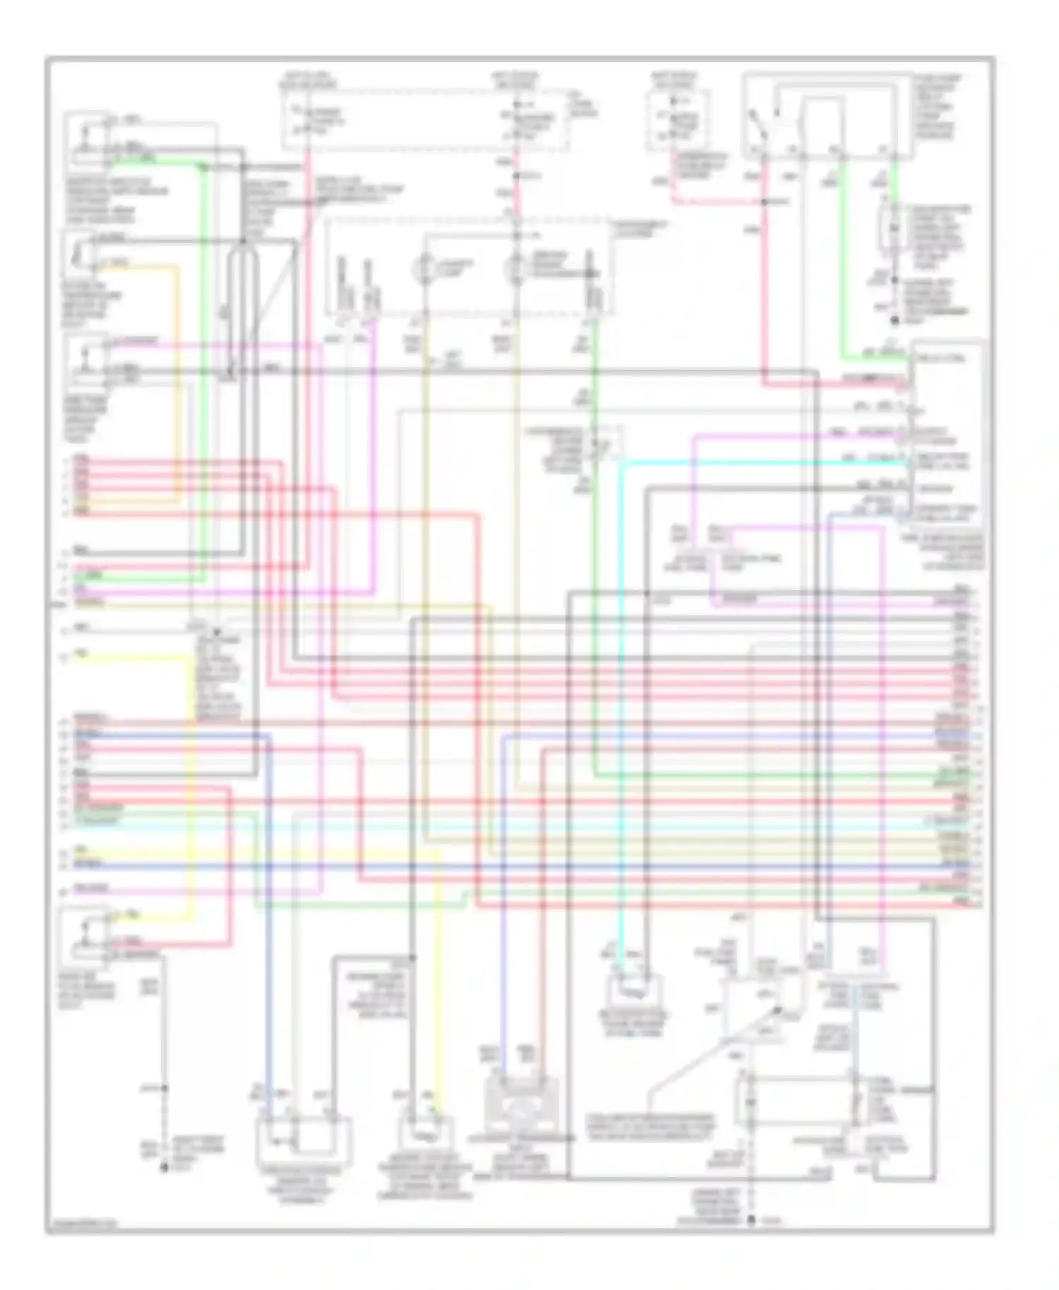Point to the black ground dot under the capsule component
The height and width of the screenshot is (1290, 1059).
click(894, 321)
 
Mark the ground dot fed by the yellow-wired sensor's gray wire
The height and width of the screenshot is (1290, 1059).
click(164, 1169)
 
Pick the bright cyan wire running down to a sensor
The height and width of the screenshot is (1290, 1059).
click(621, 706)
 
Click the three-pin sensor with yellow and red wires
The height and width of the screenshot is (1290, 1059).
click(86, 935)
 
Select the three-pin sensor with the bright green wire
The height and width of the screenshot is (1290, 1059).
click(86, 141)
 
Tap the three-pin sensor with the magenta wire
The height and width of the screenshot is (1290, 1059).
click(86, 361)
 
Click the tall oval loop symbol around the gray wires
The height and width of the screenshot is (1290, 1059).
click(242, 311)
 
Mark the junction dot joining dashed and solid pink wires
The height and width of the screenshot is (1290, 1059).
click(765, 203)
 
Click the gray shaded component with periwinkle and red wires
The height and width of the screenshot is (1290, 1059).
click(520, 1104)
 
